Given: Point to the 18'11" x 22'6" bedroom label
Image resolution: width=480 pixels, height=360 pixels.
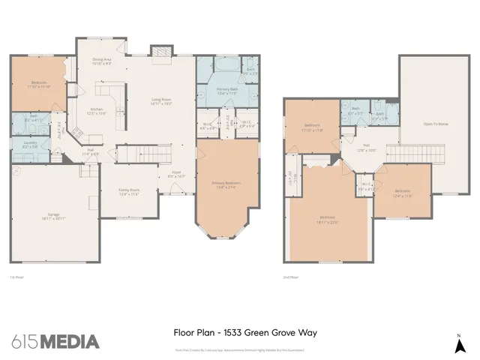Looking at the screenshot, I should tap(327, 220).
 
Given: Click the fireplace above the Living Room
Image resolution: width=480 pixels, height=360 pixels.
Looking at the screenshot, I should tap(160, 51).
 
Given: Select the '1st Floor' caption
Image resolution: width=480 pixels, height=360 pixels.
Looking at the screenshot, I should tap(16, 277).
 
